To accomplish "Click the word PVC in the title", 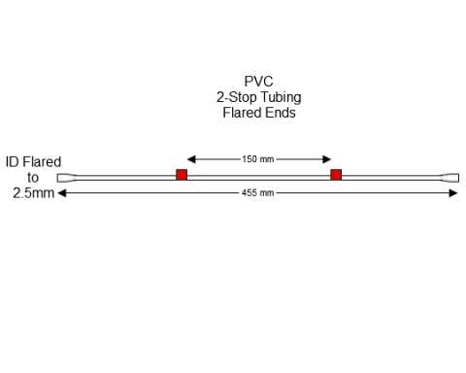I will tap(258, 83).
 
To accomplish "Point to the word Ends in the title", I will tap(281, 113).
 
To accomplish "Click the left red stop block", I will tap(181, 175).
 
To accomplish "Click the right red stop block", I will tap(336, 175).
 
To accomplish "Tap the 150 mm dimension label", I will tap(258, 158).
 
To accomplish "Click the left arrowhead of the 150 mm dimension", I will tap(190, 158).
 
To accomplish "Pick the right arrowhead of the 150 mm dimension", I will tap(328, 158).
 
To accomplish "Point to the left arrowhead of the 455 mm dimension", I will tap(63, 193).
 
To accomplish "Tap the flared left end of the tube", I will tap(65, 177).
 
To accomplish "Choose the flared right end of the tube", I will tap(451, 177).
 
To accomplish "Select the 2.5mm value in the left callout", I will tap(33, 193).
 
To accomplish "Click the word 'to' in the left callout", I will tap(33, 178).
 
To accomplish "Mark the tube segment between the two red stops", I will tap(258, 176).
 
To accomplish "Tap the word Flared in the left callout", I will tap(43, 162).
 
